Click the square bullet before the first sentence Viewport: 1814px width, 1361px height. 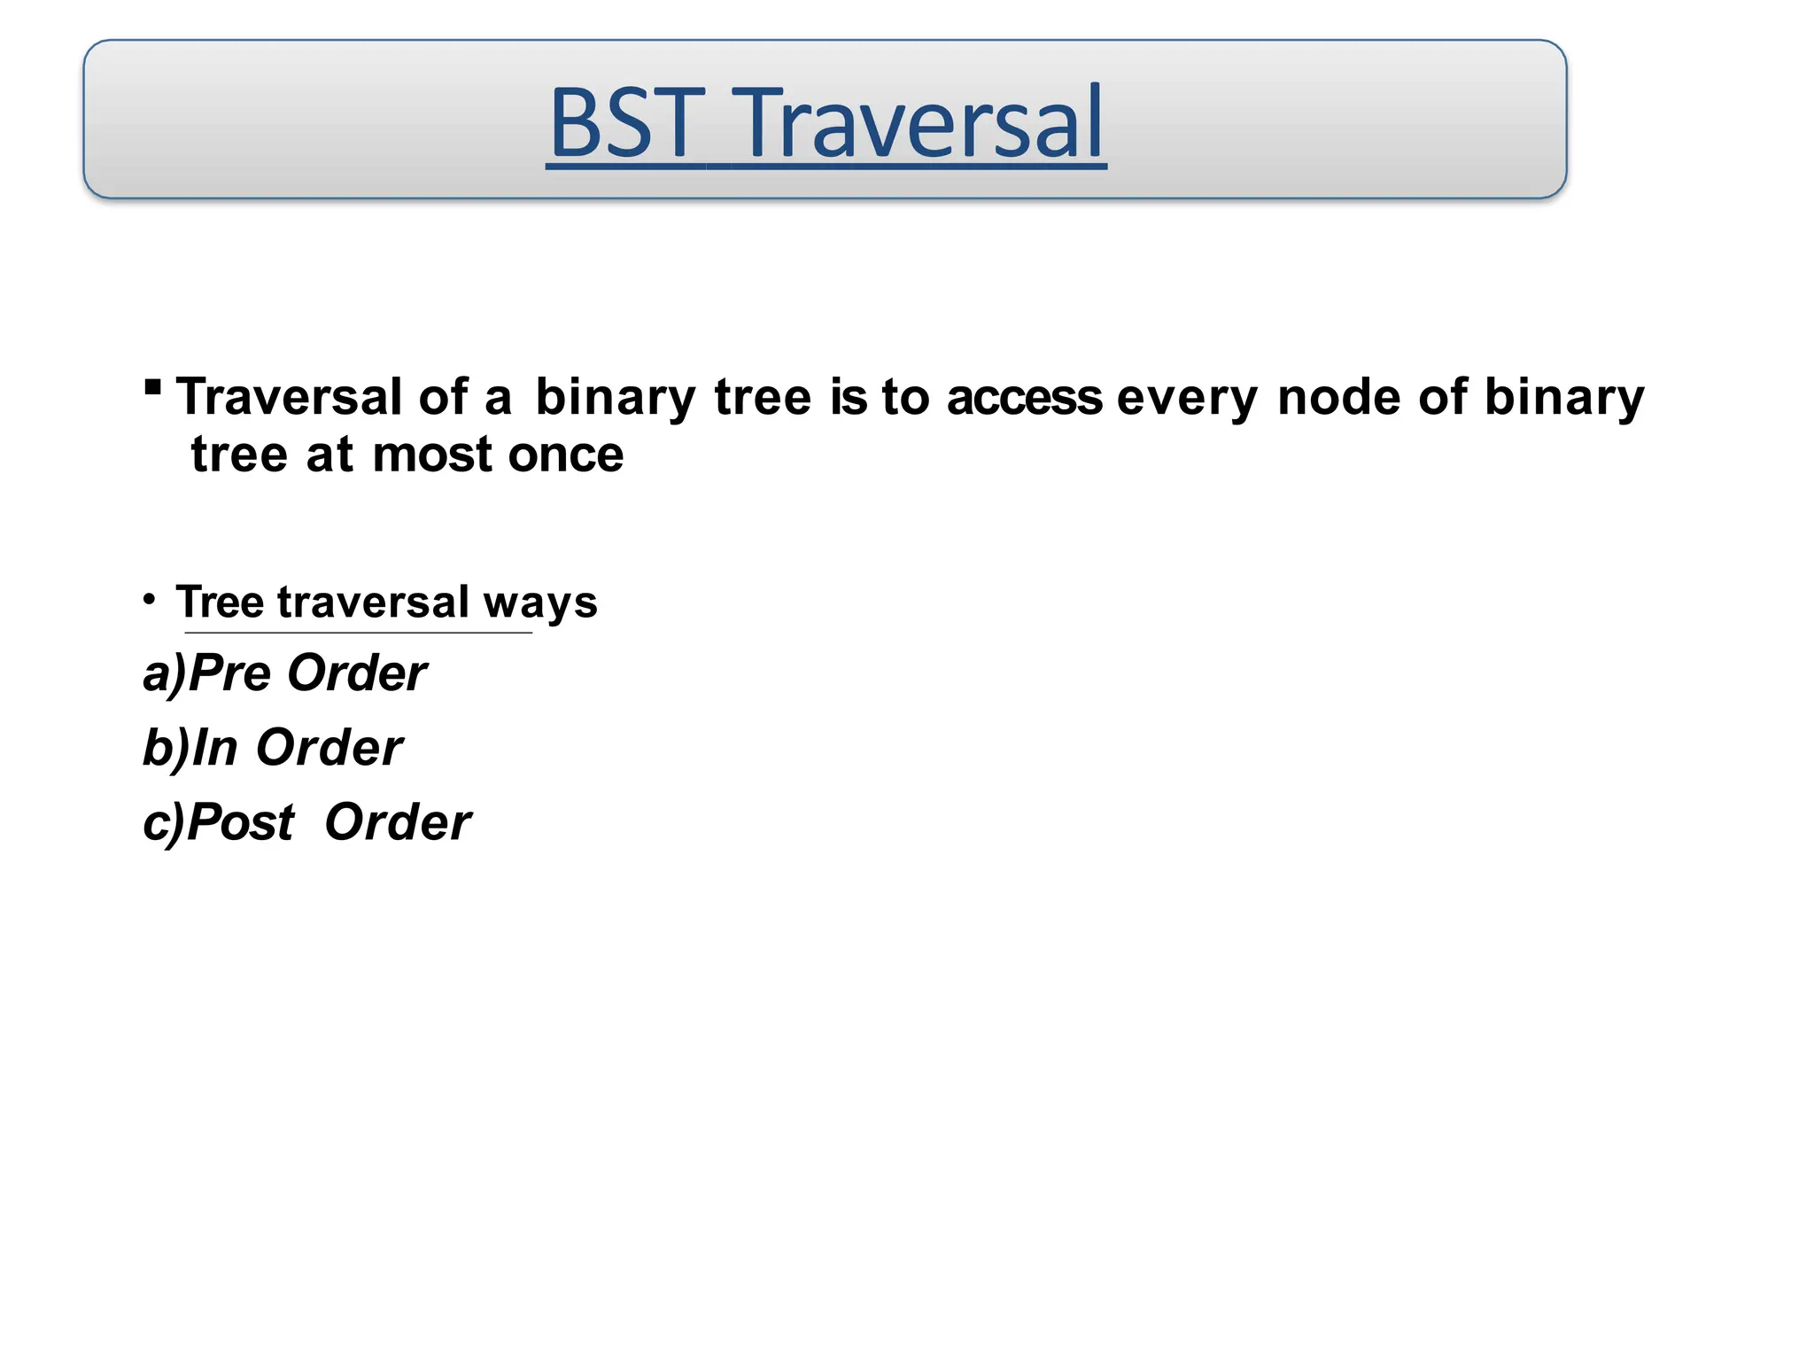pyautogui.click(x=152, y=386)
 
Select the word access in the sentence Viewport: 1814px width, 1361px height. pyautogui.click(x=1025, y=397)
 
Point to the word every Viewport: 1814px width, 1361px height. pyautogui.click(x=1187, y=399)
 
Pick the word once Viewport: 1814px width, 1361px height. pyautogui.click(x=566, y=455)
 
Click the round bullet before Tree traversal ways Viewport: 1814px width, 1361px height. pyautogui.click(x=150, y=600)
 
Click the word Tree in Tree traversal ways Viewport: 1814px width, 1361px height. pyautogui.click(x=220, y=603)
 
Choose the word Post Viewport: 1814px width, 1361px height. pyautogui.click(x=241, y=822)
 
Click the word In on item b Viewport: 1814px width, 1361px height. pyautogui.click(x=215, y=747)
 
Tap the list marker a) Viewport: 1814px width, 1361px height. pyautogui.click(x=165, y=673)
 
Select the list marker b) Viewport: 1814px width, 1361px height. pyautogui.click(x=166, y=748)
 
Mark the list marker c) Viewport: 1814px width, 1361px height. pyautogui.click(x=164, y=823)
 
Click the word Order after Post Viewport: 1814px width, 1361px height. pyautogui.click(x=398, y=822)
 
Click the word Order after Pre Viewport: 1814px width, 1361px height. pyautogui.click(x=357, y=673)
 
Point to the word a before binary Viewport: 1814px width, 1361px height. pyautogui.click(x=498, y=399)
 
